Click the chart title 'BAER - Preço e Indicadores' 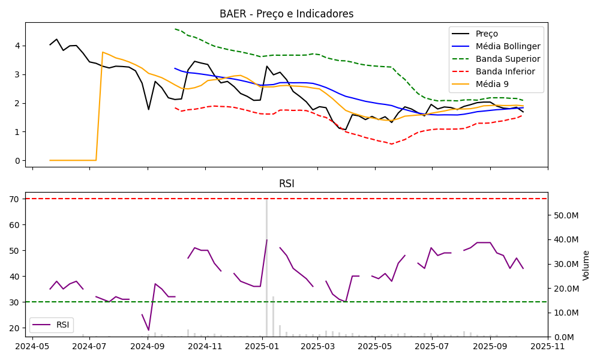click(286, 14)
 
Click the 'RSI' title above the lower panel click(286, 184)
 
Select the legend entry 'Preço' click(487, 34)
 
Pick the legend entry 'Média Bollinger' click(508, 46)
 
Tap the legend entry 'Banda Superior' click(508, 59)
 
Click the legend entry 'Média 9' click(494, 84)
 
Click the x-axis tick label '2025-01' click(263, 346)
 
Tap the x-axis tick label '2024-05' click(32, 346)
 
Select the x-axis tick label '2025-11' click(547, 346)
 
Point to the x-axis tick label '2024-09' click(148, 346)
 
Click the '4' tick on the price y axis click(17, 46)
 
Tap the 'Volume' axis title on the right click(586, 265)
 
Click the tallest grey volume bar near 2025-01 click(267, 270)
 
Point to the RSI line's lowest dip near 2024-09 click(149, 330)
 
